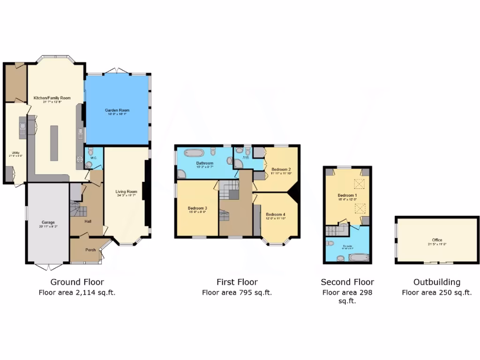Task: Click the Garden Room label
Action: [x=117, y=110]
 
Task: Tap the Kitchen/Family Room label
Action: [x=52, y=98]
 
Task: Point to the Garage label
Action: [x=48, y=222]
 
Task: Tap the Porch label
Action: [x=90, y=250]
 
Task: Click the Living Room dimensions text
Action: [x=127, y=195]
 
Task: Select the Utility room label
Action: [x=15, y=153]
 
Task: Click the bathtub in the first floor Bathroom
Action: [x=193, y=152]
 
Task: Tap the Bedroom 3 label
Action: [x=197, y=208]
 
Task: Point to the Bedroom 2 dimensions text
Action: [x=281, y=173]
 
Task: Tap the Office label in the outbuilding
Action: [x=437, y=240]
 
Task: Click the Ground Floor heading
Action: [x=77, y=282]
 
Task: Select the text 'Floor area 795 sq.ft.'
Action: [x=237, y=292]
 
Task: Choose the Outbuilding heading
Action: [x=436, y=282]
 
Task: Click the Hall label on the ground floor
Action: [x=88, y=221]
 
